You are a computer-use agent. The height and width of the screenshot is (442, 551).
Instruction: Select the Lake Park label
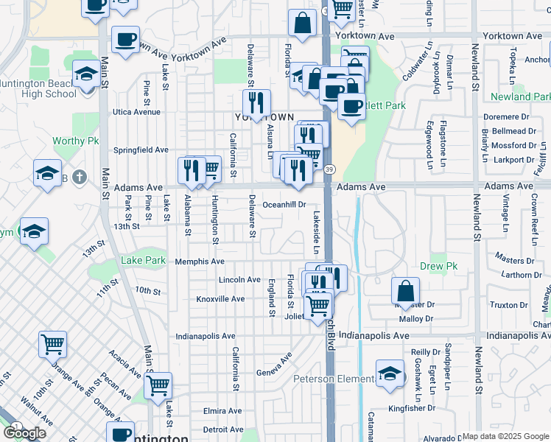[143, 260]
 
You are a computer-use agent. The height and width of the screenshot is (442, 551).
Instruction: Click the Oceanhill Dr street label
[284, 205]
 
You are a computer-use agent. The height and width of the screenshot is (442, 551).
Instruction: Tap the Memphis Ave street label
[199, 262]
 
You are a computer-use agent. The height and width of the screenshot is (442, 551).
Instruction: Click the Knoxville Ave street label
[220, 299]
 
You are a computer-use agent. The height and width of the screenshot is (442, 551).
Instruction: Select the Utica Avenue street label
[136, 112]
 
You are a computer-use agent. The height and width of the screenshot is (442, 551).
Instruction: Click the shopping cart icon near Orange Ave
[53, 343]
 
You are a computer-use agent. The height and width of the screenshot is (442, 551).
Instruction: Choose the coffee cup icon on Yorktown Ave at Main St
[125, 39]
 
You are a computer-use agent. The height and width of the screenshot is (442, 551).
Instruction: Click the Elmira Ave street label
[222, 410]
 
